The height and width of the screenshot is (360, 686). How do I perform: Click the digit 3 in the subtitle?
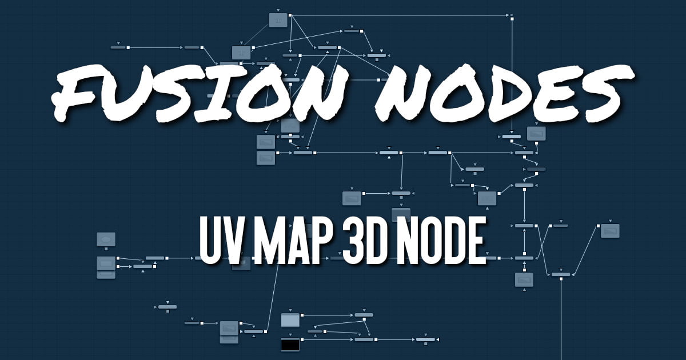click(x=346, y=241)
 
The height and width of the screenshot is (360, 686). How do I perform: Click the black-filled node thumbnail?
click(x=290, y=345)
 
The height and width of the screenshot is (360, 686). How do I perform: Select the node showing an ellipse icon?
click(x=106, y=239)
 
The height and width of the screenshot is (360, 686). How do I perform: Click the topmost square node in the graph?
click(x=278, y=20)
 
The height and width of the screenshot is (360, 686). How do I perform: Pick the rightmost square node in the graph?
click(x=611, y=231)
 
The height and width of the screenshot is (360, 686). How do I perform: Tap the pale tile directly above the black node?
click(x=290, y=320)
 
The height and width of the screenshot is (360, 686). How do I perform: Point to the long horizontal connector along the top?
click(x=400, y=14)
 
